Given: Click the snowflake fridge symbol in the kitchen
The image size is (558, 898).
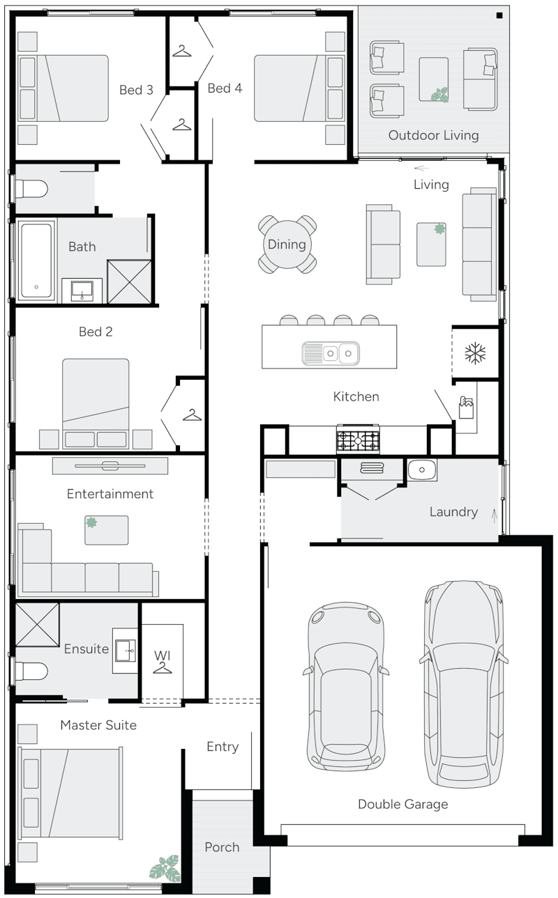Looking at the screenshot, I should click(x=475, y=353).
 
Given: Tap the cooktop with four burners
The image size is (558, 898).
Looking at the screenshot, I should click(x=359, y=440).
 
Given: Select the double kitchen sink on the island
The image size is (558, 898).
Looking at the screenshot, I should click(x=331, y=353).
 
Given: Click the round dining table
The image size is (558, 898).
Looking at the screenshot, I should click(x=287, y=245).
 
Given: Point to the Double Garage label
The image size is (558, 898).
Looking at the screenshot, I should click(x=402, y=805).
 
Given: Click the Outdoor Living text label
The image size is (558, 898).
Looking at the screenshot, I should click(x=433, y=135).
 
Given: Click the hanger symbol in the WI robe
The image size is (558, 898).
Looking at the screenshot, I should click(x=163, y=668).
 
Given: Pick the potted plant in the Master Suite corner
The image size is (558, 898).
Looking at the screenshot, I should click(x=165, y=868).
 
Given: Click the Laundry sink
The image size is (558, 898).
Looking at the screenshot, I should click(x=422, y=470).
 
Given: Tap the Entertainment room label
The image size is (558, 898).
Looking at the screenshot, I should click(x=110, y=494).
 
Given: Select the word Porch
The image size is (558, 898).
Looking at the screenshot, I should click(x=222, y=847).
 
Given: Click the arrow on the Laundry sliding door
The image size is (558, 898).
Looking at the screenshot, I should click(x=495, y=516).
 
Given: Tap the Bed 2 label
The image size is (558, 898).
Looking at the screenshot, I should click(x=96, y=332).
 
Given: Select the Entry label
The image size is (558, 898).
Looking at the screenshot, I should click(x=223, y=747).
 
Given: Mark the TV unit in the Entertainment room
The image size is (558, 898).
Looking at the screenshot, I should click(x=110, y=465).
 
